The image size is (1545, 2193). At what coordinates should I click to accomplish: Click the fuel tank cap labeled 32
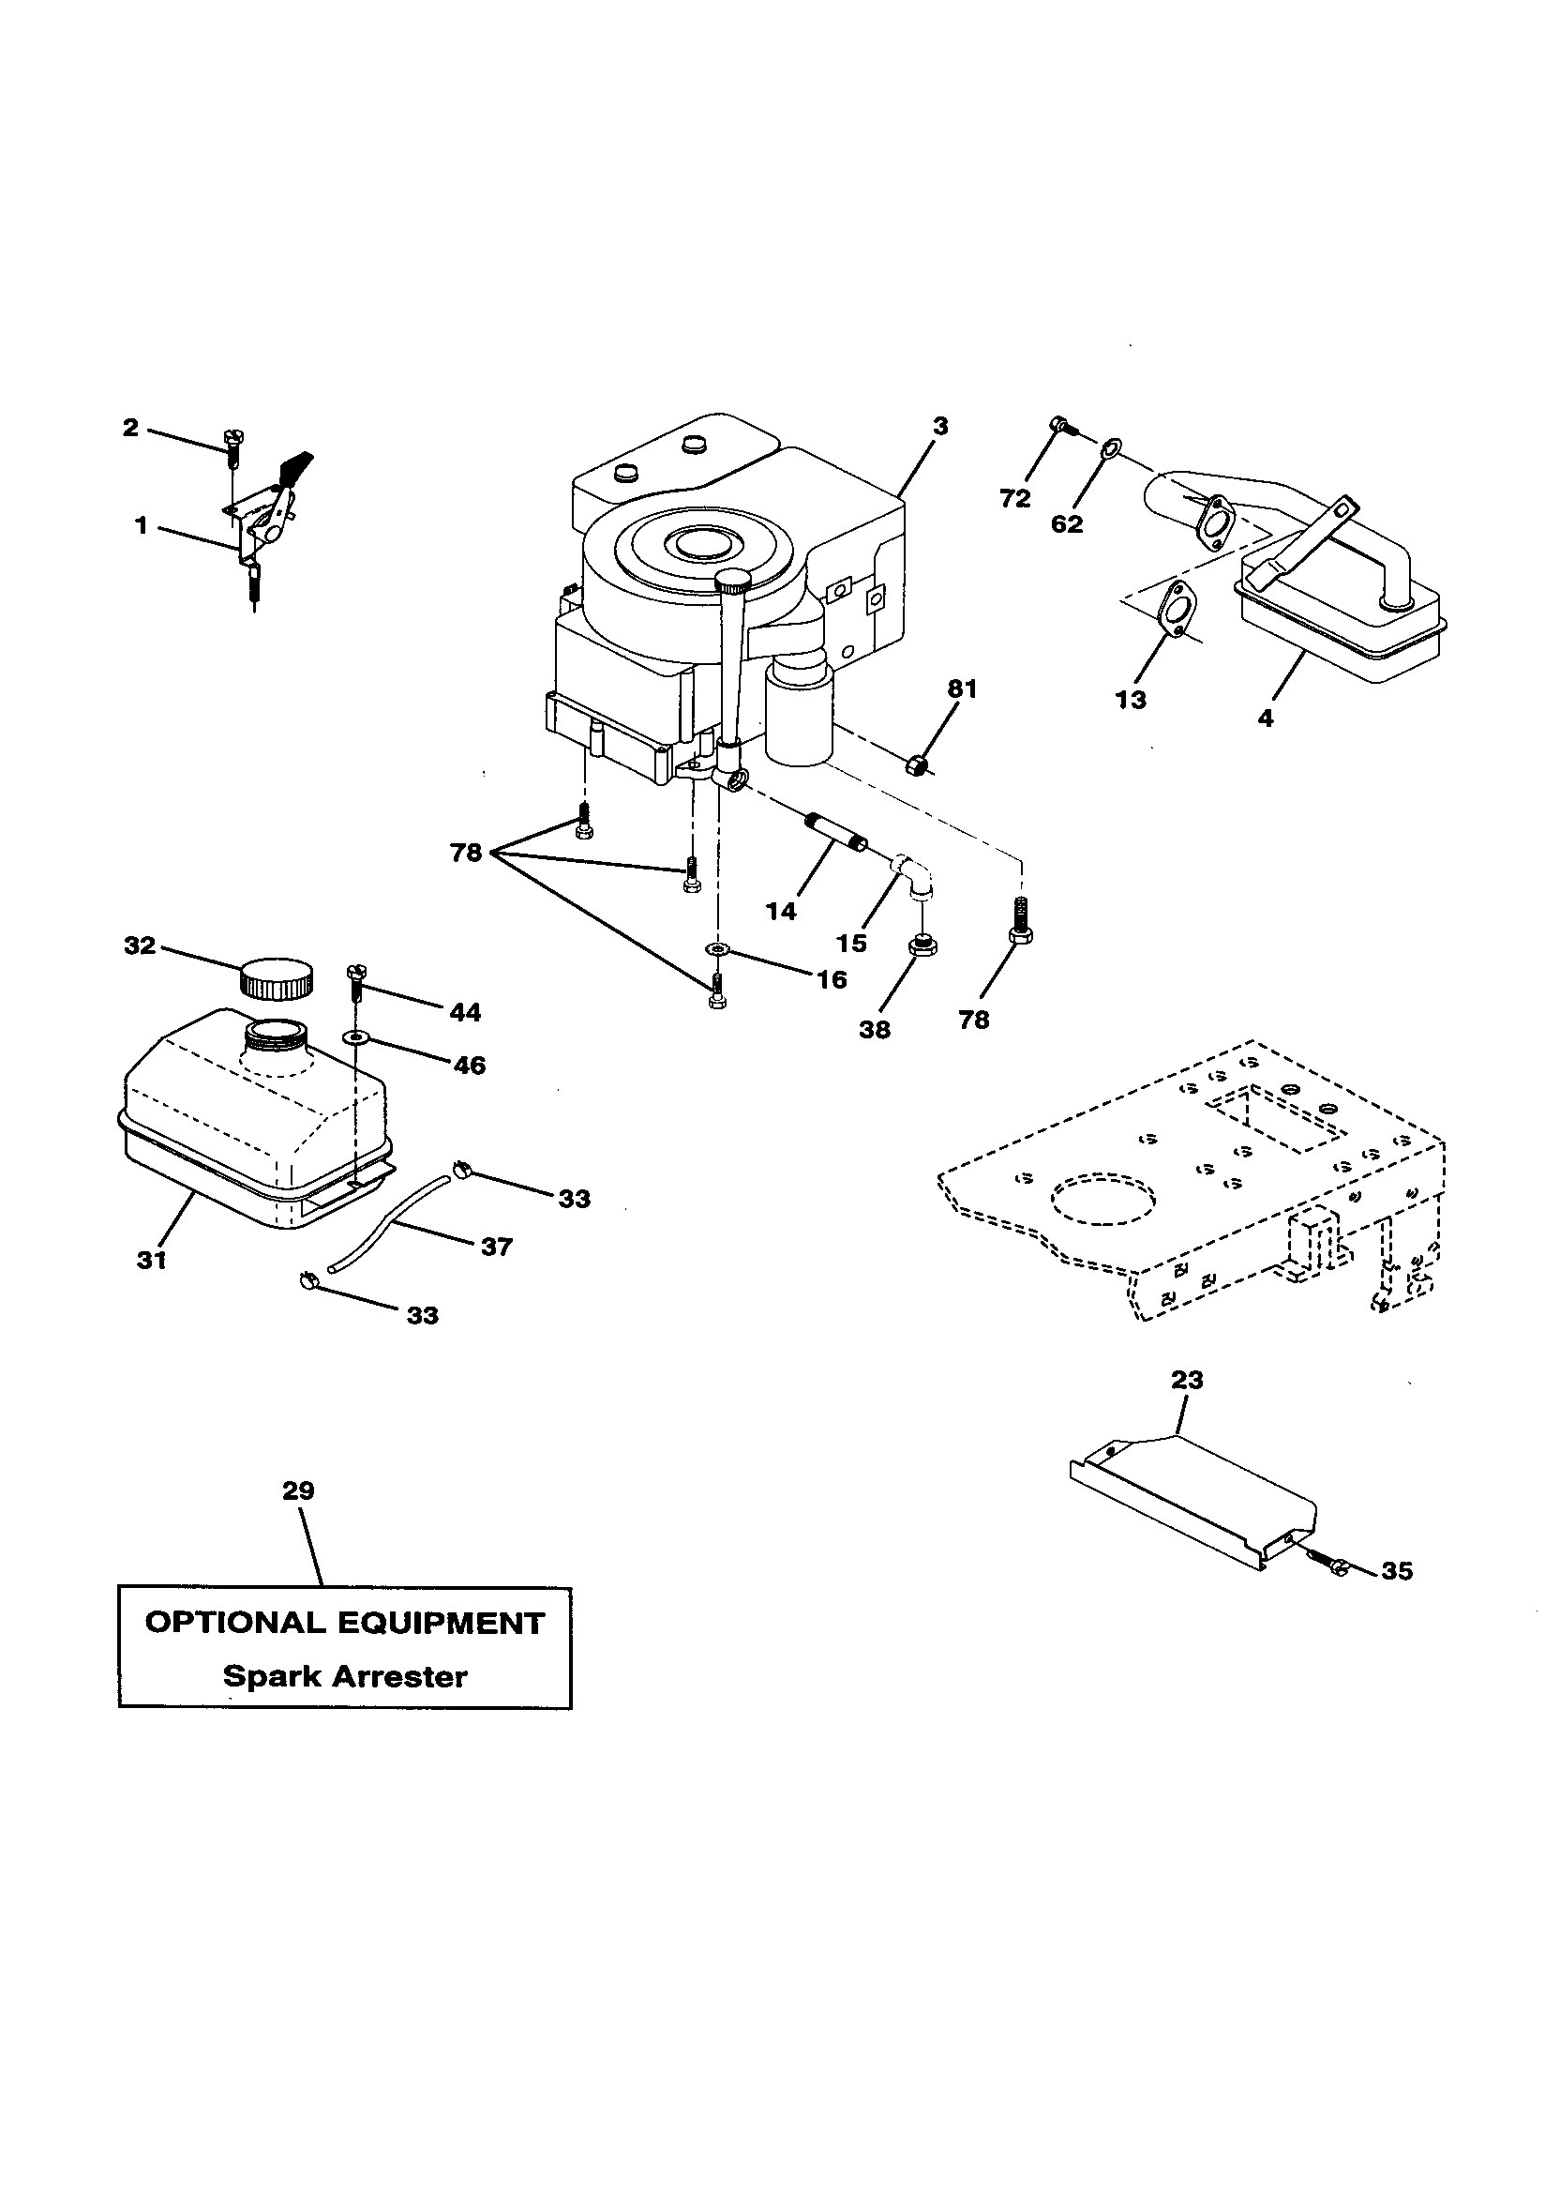coord(276,978)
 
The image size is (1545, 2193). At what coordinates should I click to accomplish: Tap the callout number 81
coord(962,688)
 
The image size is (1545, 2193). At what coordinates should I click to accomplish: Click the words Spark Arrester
coord(345,1676)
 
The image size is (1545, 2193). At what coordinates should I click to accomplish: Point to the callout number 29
coord(298,1490)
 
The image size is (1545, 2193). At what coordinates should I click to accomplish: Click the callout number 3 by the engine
coord(940,427)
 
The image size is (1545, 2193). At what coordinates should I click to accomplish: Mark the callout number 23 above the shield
coord(1187,1380)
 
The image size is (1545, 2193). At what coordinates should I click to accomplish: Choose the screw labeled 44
coord(356,981)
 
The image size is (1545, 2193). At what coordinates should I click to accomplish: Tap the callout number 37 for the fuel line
coord(496,1246)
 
